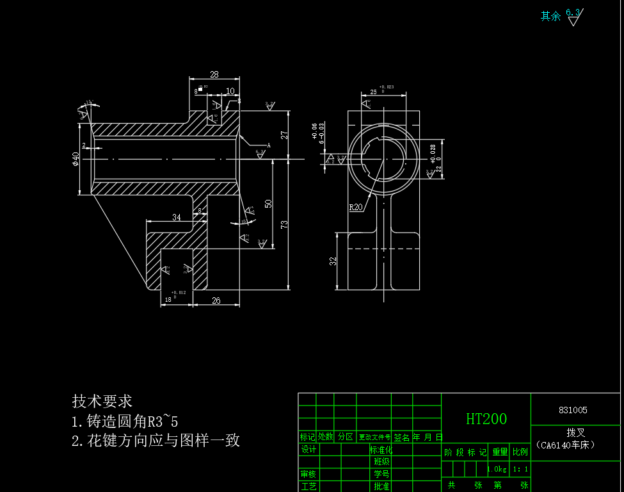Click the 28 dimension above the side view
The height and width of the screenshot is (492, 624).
pos(214,74)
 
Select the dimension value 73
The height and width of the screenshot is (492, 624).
pos(284,224)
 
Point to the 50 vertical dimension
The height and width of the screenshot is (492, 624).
pos(269,203)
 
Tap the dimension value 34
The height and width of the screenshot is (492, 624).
pos(177,217)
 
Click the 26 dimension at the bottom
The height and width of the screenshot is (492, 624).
pos(216,300)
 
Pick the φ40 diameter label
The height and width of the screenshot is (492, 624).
pos(76,158)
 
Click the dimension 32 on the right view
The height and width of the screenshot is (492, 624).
pos(333,261)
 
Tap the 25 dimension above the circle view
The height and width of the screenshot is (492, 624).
pos(373,92)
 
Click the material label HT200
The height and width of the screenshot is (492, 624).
pos(486,419)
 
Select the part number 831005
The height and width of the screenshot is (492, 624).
pos(573,410)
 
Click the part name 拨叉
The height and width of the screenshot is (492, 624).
pos(575,433)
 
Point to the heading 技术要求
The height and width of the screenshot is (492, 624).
pos(102,401)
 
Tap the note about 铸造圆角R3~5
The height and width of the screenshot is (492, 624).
pos(125,422)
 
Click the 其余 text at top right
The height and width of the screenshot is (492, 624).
pos(550,16)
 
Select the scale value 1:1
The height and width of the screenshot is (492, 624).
pos(520,470)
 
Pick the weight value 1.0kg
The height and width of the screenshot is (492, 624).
pos(497,470)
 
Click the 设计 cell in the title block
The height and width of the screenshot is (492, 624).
pos(308,450)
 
